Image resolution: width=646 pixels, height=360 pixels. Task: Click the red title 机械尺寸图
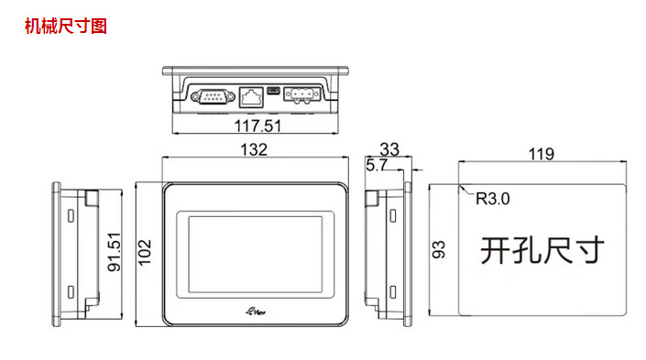point(66,26)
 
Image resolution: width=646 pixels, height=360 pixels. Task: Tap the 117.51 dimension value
point(257,125)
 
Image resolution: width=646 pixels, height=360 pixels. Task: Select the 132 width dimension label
point(254,149)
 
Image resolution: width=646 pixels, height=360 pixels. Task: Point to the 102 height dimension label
point(145,252)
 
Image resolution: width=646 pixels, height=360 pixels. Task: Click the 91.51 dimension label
point(115,252)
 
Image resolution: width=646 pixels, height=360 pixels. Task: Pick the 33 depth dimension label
point(389,149)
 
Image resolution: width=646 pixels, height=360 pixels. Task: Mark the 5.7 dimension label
point(377,165)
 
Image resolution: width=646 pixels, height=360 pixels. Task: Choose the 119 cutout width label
point(542,154)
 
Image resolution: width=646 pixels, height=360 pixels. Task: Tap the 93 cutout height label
point(439,249)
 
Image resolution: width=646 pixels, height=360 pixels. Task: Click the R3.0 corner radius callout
point(493,199)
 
